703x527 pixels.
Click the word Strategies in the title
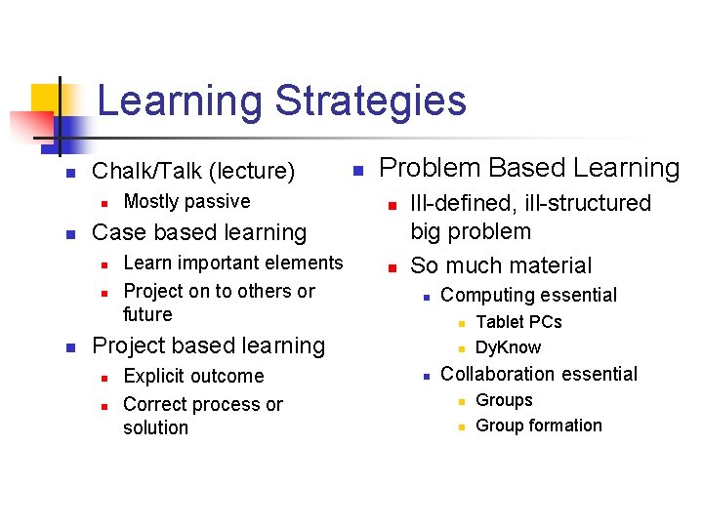pos(370,101)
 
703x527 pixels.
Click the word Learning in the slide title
pos(181,101)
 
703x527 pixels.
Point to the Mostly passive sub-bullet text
pos(186,202)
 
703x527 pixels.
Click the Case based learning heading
pos(198,233)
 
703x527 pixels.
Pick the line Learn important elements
pos(233,263)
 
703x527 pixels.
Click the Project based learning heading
pos(208,346)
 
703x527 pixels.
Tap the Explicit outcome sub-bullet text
pos(193,377)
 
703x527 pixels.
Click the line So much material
pos(501,265)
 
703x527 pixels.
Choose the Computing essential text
pos(528,295)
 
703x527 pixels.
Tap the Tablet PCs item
pos(518,322)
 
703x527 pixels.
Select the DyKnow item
pos(508,347)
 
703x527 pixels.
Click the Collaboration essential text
pos(539,374)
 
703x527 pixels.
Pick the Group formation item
pos(538,426)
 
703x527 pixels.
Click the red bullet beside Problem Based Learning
pos(358,171)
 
